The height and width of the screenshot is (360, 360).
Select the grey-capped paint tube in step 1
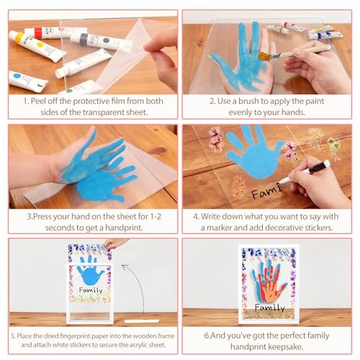coord(101,41)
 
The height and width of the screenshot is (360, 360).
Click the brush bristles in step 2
coord(264,56)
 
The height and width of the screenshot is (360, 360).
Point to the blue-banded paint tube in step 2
coord(326,35)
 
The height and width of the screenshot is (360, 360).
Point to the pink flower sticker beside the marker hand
coord(291,152)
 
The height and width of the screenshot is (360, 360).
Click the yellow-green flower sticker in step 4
coord(335,147)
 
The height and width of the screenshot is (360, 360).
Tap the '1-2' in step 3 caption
coord(156,217)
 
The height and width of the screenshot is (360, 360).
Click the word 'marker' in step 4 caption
coord(219,228)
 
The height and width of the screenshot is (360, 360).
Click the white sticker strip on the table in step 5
coord(142,321)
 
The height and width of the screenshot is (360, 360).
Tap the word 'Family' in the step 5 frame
coord(91,290)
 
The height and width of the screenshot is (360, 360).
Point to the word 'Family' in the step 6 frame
coord(270,307)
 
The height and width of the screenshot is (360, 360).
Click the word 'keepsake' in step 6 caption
coord(286,347)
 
